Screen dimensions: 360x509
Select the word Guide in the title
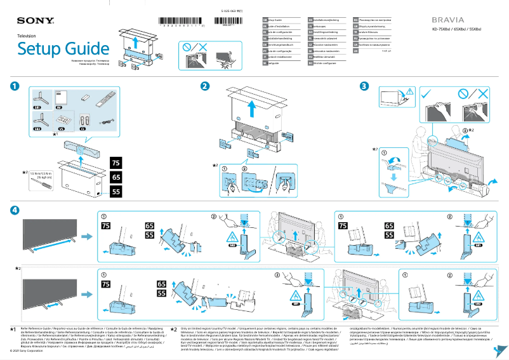click(x=84, y=49)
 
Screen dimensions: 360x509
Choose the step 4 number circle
click(x=15, y=210)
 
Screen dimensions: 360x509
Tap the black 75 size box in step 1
click(x=116, y=163)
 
